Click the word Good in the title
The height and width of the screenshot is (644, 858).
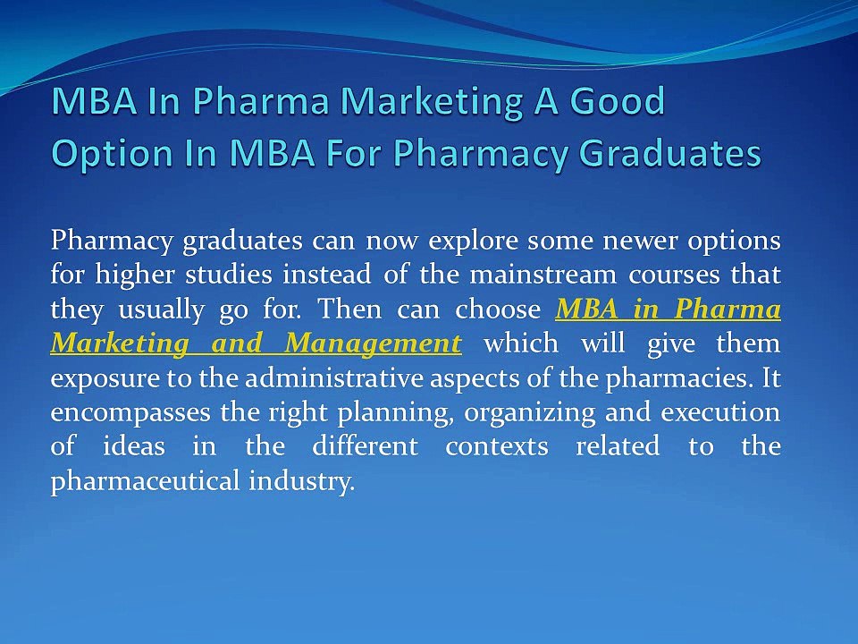click(618, 101)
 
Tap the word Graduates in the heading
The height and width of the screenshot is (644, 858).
click(669, 152)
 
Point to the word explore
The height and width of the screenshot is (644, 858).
click(473, 241)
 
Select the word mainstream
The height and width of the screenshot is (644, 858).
click(543, 275)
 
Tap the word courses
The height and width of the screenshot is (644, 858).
click(674, 275)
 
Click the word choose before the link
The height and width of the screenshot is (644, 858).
click(498, 309)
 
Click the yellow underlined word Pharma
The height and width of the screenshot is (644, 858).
click(728, 309)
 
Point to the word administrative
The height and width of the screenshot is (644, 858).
click(333, 378)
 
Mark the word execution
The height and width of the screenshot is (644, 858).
click(720, 413)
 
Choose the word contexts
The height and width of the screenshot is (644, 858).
click(497, 447)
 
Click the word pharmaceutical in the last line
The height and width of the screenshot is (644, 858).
click(145, 482)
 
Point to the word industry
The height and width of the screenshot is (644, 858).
click(301, 482)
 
